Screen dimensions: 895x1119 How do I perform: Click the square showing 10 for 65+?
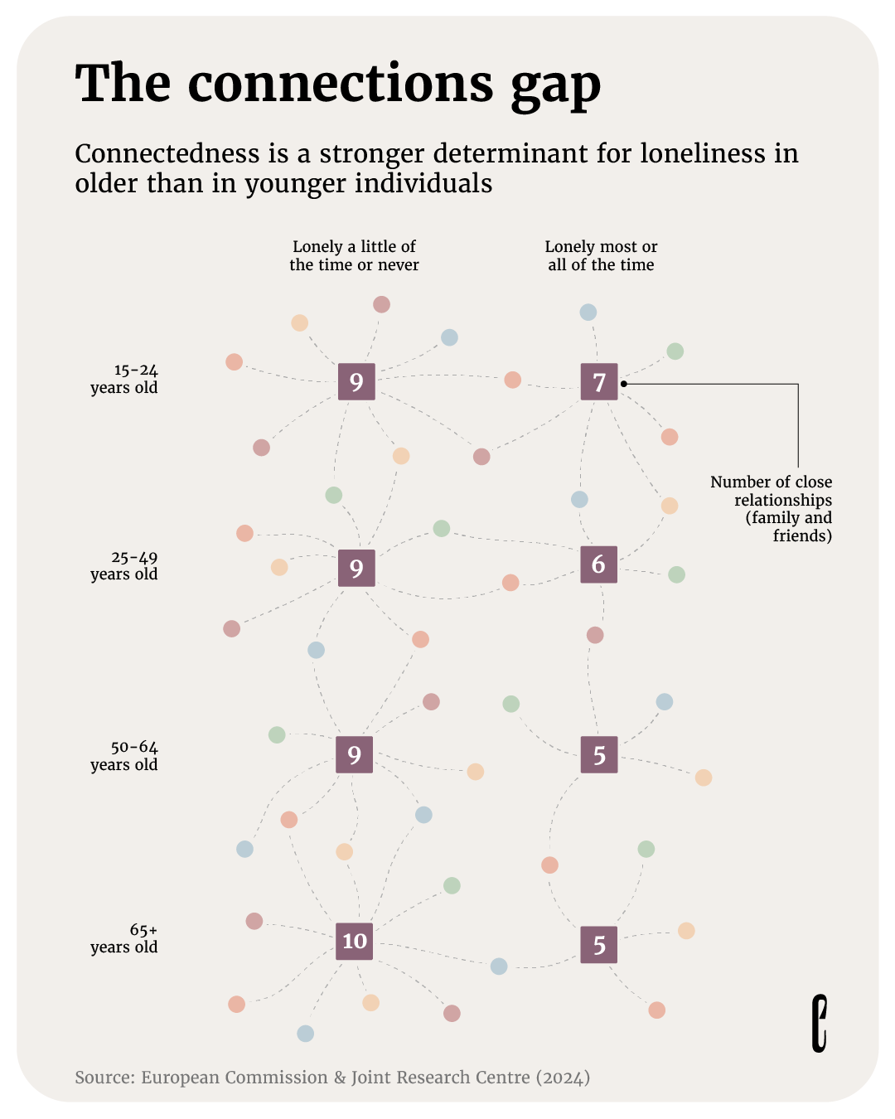coord(354,941)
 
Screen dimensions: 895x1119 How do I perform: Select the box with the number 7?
coord(599,381)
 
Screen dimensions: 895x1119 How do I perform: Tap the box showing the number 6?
coord(598,564)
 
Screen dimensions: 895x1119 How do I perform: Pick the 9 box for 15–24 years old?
coord(356,381)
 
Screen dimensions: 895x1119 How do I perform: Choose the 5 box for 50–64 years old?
coord(599,754)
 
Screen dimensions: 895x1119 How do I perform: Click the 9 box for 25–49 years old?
coord(356,568)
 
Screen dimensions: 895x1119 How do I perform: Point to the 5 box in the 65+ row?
coord(598,944)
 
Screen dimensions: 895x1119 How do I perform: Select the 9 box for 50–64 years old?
coord(354,754)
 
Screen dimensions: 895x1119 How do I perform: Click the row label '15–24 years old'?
coord(123,379)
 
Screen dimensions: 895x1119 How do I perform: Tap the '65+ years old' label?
coord(123,938)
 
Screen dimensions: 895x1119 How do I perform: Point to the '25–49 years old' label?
coord(123,566)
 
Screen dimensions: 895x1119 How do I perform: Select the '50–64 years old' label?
coord(123,756)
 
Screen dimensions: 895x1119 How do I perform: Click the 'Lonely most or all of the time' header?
coord(601,255)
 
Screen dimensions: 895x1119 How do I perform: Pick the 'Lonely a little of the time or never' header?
coord(354,255)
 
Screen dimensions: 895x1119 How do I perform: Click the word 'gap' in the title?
coord(555,87)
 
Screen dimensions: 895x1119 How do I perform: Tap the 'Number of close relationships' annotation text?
coord(772,508)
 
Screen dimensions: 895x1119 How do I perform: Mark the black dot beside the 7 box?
coord(623,384)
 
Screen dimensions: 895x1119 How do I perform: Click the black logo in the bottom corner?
coord(820,1024)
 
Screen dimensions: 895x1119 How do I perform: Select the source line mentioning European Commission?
coord(332,1077)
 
